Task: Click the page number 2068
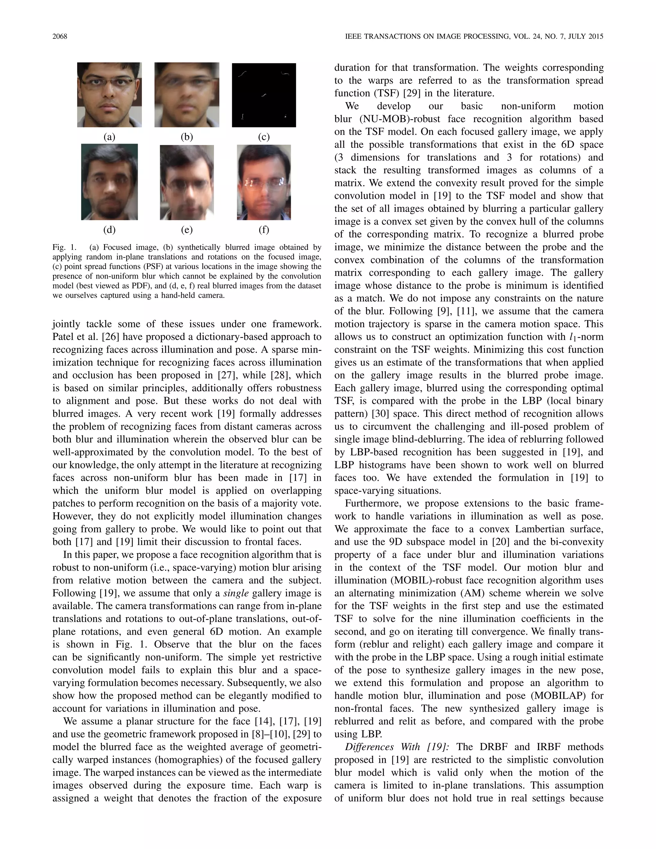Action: pyautogui.click(x=60, y=37)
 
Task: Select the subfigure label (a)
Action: pyautogui.click(x=109, y=137)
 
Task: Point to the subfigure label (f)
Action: pyautogui.click(x=264, y=230)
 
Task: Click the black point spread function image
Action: pyautogui.click(x=264, y=95)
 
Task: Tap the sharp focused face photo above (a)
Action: pyautogui.click(x=109, y=95)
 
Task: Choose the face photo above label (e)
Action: pyautogui.click(x=187, y=182)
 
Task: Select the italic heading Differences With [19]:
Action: pyautogui.click(x=397, y=747)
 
